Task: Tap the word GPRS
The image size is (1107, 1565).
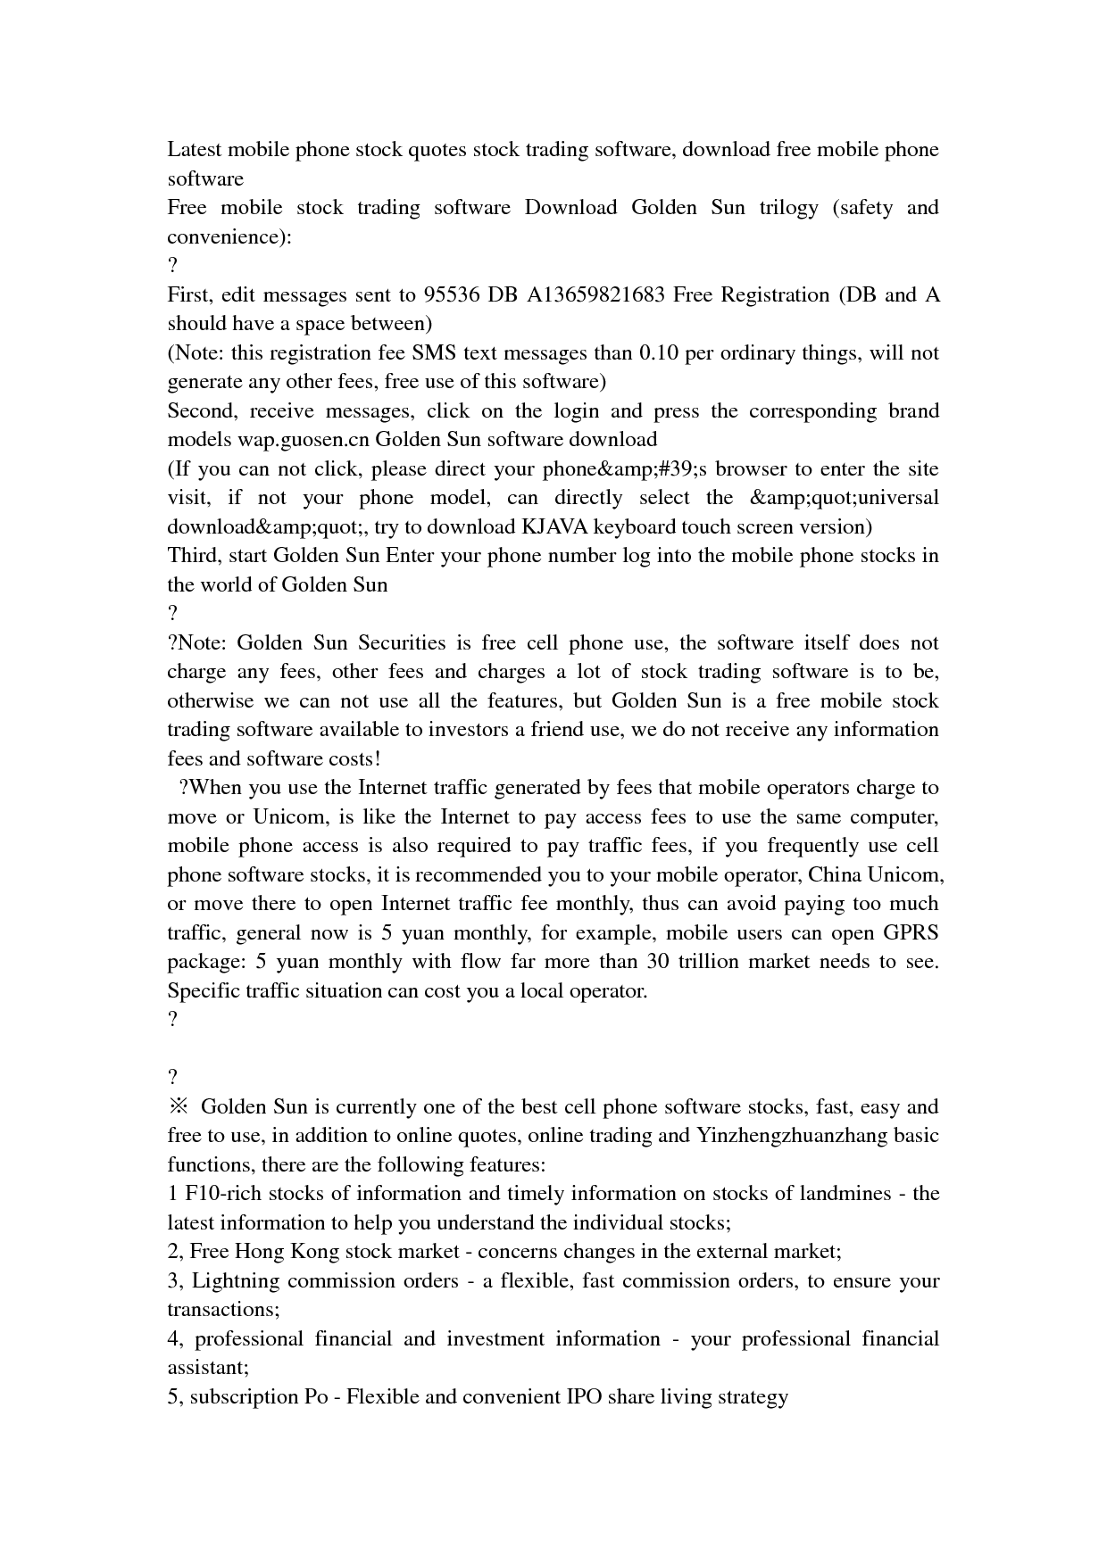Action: click(x=910, y=932)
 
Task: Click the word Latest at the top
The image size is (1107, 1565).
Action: click(x=196, y=149)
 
